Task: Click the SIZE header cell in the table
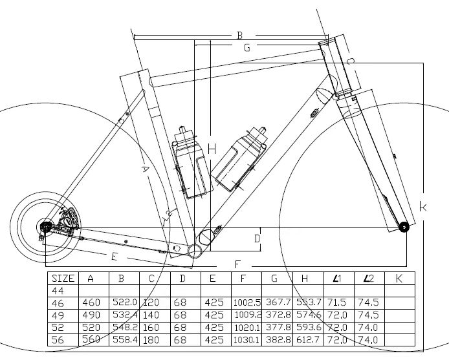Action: tap(63, 279)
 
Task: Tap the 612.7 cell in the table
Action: tap(307, 339)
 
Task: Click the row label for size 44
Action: tap(58, 290)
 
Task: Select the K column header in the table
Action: tap(399, 279)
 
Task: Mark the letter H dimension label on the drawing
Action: tap(212, 149)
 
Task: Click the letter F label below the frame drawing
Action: tap(238, 264)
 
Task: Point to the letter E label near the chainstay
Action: tap(114, 257)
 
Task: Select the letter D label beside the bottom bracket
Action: tap(257, 238)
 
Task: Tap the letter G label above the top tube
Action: tap(246, 48)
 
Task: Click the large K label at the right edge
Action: tap(422, 207)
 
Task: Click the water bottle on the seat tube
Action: tap(192, 165)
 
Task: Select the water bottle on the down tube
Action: tap(237, 160)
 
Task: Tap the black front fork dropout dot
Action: tap(404, 226)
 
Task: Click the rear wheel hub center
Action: tap(46, 226)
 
